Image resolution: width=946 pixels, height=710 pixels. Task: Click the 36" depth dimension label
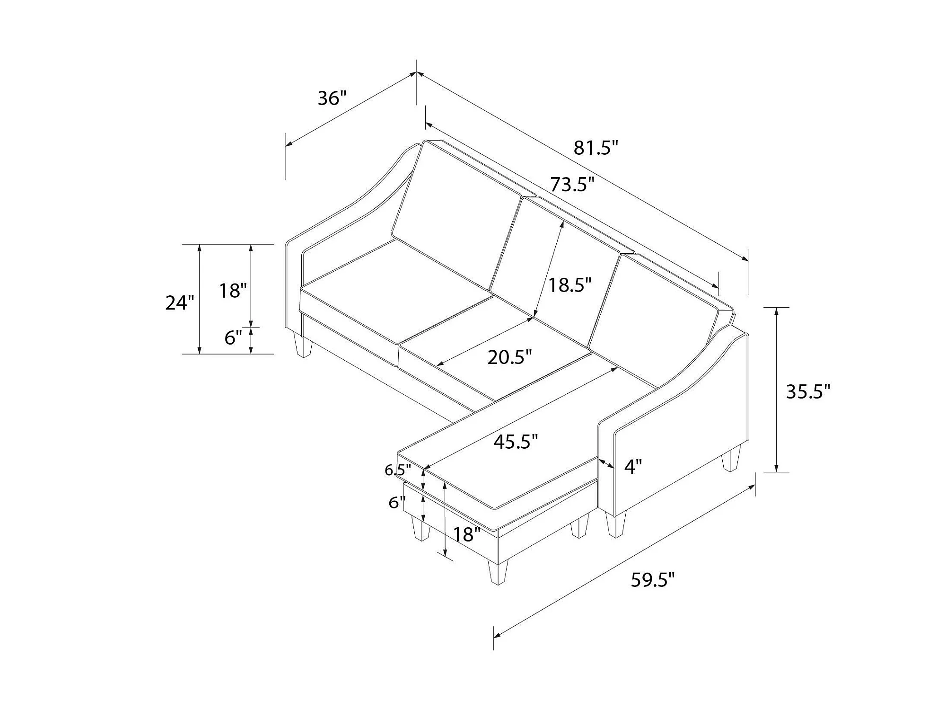click(332, 98)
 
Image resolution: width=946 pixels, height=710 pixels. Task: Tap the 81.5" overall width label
click(596, 148)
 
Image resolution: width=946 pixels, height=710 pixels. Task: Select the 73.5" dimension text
click(572, 184)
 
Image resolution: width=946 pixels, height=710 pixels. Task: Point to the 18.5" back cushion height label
click(570, 285)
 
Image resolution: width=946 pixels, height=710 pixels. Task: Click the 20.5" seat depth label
click(510, 357)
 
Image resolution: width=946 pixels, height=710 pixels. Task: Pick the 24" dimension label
click(180, 302)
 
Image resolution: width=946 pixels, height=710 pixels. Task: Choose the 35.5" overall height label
click(808, 391)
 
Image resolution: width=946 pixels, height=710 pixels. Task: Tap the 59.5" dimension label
click(653, 580)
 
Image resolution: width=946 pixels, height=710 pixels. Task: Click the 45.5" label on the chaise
click(516, 442)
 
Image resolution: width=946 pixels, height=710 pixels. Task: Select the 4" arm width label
click(633, 467)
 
